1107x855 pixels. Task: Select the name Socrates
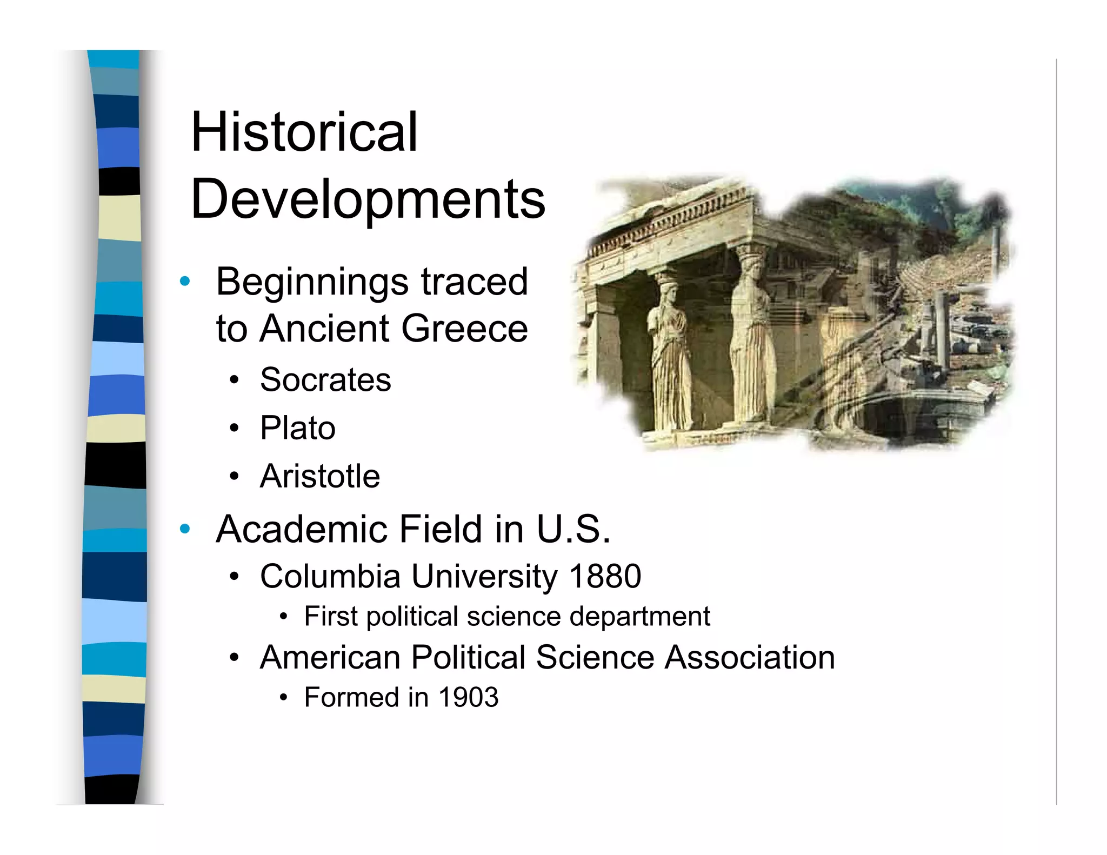[325, 379]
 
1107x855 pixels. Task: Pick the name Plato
[298, 428]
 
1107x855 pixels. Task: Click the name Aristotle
[320, 476]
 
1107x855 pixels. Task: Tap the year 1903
[468, 697]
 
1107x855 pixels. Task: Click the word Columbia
[330, 576]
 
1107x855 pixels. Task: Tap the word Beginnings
[312, 282]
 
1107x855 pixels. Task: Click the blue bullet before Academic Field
[185, 529]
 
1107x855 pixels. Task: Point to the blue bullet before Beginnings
[185, 281]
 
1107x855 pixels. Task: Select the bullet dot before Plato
[234, 429]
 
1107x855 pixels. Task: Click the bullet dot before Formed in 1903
[283, 698]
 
